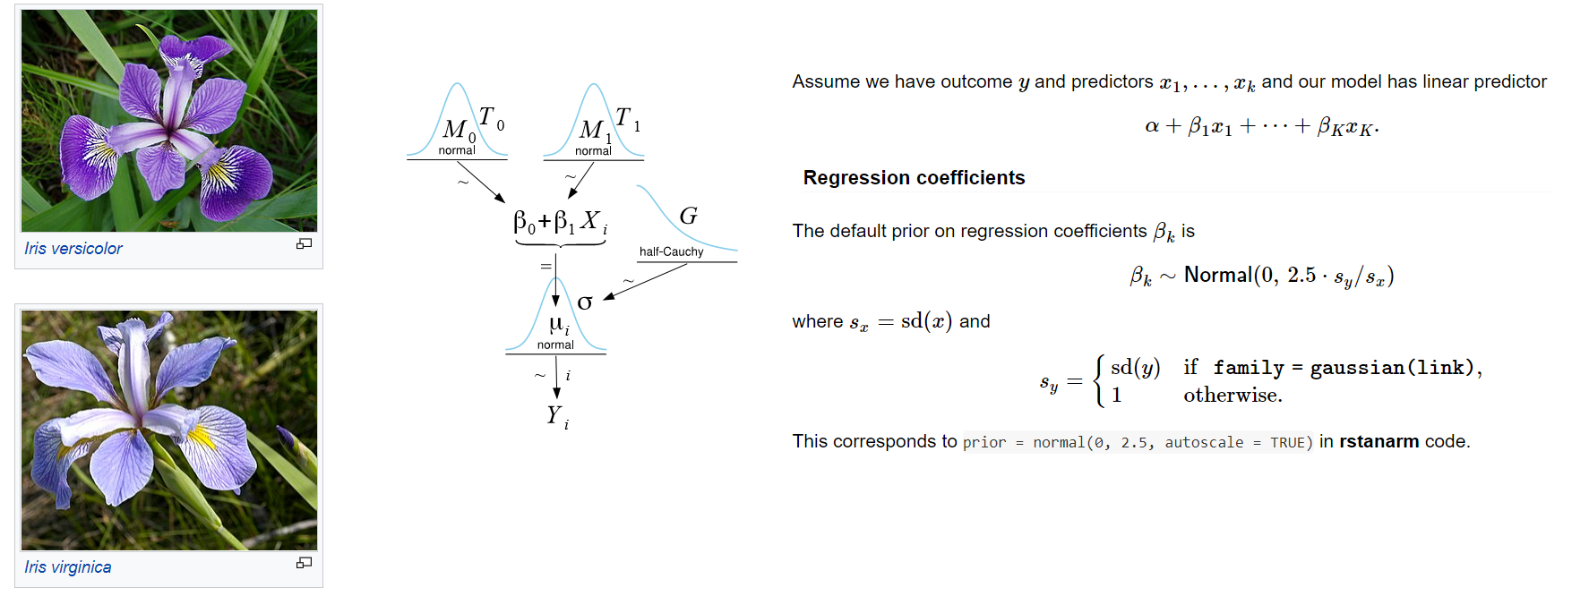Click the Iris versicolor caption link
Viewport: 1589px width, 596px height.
coord(73,249)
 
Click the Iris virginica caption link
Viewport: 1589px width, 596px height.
coord(68,567)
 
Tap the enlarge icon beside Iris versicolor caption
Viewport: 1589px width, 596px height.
coord(305,243)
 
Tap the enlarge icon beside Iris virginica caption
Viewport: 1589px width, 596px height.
coord(305,562)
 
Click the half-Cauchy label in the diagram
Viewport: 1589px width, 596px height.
coord(671,252)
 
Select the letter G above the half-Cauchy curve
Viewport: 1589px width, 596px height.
coord(688,217)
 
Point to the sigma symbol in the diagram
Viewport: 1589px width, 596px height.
coord(585,302)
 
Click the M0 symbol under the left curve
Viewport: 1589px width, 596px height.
coord(457,131)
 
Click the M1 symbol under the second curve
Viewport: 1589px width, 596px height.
coord(593,131)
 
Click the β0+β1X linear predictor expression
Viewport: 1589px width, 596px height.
coord(559,222)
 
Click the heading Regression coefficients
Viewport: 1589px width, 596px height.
coord(914,178)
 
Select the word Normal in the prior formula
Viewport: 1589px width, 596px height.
coord(1217,275)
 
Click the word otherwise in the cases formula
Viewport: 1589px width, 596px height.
coord(1232,396)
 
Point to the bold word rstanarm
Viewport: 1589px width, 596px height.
coord(1379,442)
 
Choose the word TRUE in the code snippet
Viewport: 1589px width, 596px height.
coord(1287,443)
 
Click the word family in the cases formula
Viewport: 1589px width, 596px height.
coord(1249,368)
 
